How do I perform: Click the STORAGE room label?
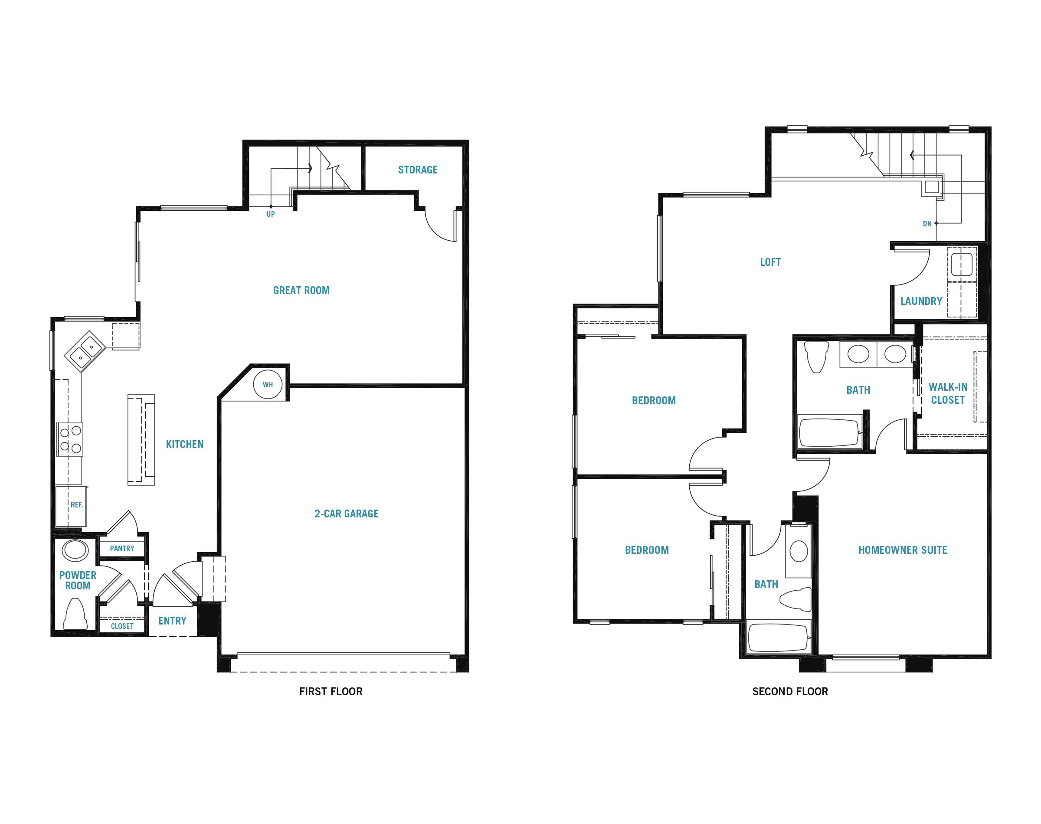tap(417, 170)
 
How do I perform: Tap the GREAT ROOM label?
tap(301, 291)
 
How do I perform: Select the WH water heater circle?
tap(268, 385)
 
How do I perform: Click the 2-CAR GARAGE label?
tap(347, 514)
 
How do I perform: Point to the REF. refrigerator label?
tap(77, 505)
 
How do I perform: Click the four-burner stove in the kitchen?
tap(70, 439)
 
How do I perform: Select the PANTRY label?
tap(122, 549)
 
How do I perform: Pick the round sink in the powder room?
tap(75, 550)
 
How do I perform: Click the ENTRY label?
tap(172, 621)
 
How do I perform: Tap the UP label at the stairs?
tap(271, 214)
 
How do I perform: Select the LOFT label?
tap(770, 262)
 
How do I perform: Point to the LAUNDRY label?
tap(921, 301)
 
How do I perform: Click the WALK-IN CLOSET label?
tap(948, 394)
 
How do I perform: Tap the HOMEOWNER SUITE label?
tap(903, 550)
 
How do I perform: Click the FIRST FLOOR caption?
tap(331, 691)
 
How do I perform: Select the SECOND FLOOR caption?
tap(790, 691)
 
